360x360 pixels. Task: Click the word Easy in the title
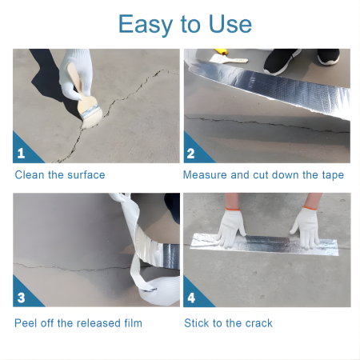click(146, 25)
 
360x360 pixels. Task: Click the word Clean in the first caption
click(30, 175)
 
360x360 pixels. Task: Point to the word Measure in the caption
click(205, 175)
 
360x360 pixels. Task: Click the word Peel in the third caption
click(26, 323)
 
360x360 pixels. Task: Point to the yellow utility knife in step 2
click(221, 51)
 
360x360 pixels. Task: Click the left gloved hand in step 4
click(231, 227)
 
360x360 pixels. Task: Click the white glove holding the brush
click(76, 74)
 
